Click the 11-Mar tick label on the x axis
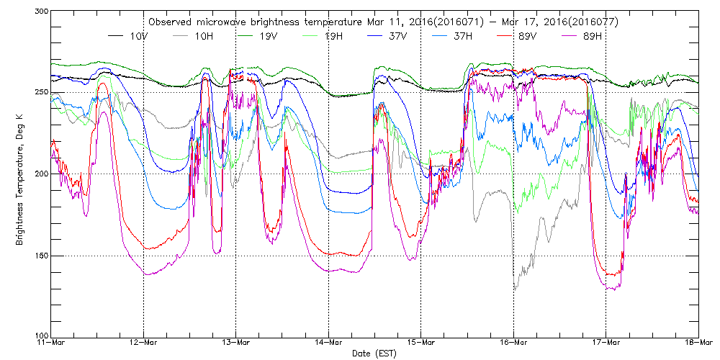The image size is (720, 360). [x=50, y=343]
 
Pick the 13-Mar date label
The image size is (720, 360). [x=235, y=343]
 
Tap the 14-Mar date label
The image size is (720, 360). [x=328, y=343]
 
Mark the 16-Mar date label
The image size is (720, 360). [x=513, y=343]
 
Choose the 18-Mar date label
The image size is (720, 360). [x=697, y=343]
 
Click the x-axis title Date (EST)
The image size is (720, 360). [x=374, y=354]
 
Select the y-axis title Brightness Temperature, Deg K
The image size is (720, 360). [x=19, y=173]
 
